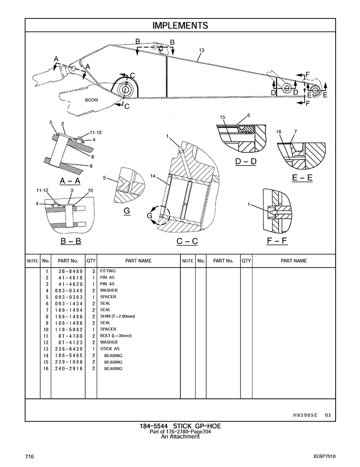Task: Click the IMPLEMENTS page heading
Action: point(180,26)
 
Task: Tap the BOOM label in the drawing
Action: point(91,100)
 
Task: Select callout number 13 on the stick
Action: point(201,50)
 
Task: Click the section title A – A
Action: point(70,181)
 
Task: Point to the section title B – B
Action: point(71,241)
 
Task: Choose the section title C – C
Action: point(187,241)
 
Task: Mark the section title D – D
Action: point(246,161)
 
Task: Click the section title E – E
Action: point(302,178)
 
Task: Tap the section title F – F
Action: point(277,240)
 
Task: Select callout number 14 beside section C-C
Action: point(153,176)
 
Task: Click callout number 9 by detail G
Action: point(104,178)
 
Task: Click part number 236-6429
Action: point(69,349)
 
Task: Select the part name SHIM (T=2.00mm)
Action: point(117,316)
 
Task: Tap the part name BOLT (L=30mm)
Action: point(116,336)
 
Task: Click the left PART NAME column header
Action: point(138,261)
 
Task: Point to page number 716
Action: point(30,457)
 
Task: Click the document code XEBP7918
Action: point(324,457)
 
